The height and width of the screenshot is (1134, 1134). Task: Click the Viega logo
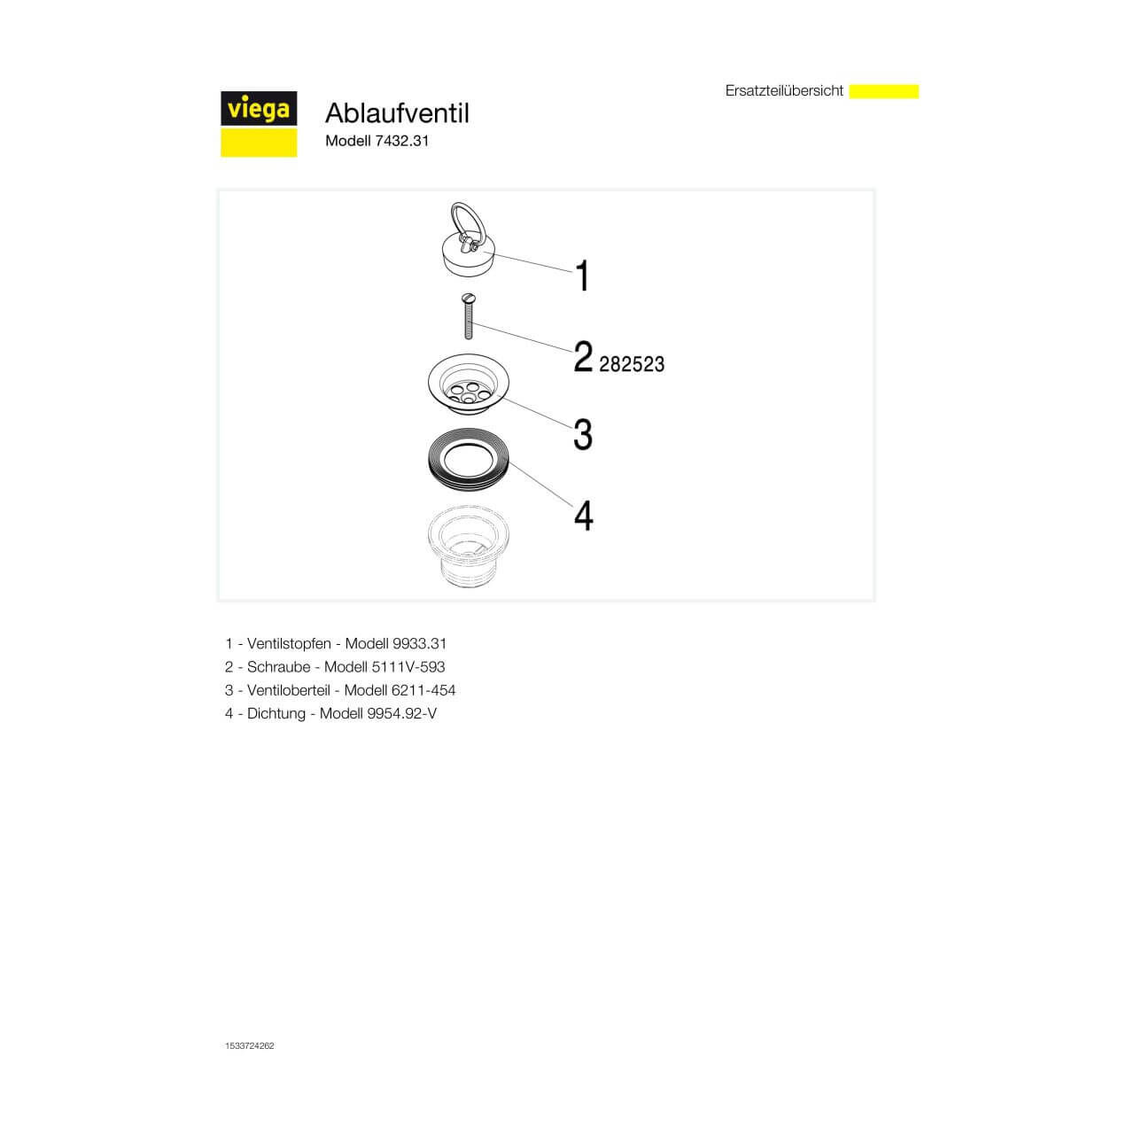258,123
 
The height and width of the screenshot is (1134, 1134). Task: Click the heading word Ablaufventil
397,113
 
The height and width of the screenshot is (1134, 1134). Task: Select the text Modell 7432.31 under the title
377,141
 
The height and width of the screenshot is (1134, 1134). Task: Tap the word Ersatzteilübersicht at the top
784,90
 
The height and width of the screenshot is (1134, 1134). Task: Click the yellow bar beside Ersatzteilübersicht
883,91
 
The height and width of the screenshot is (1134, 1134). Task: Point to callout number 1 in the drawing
582,276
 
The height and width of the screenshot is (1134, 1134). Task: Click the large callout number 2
582,357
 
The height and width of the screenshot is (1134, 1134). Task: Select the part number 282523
632,364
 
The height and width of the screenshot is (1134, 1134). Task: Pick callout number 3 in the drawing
582,434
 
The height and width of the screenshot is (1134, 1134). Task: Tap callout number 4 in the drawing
583,515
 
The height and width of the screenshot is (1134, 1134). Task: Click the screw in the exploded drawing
468,317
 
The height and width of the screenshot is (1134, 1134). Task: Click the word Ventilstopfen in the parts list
289,644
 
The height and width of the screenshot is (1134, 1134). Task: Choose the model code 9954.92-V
401,713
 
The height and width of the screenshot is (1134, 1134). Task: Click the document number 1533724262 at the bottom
250,1045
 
